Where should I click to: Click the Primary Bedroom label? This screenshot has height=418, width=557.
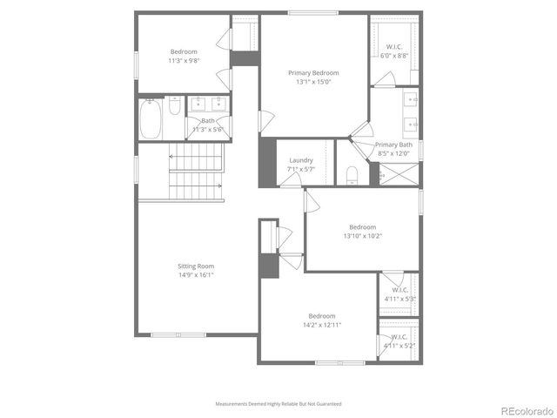click(313, 73)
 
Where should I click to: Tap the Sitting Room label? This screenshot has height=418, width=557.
click(195, 266)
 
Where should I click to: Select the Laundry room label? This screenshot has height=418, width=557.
click(301, 160)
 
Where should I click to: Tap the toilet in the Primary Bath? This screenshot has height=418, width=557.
click(352, 174)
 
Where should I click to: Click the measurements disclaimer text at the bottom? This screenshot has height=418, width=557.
click(278, 404)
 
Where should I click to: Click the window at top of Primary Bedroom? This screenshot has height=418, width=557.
click(313, 13)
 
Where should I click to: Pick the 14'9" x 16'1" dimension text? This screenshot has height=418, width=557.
click(195, 275)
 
